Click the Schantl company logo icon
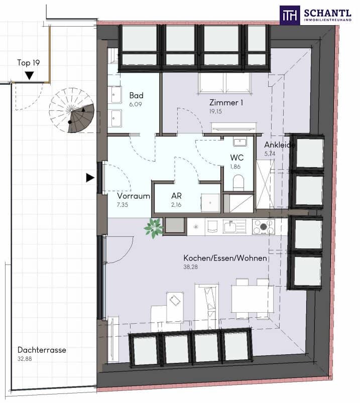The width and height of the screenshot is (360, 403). [290, 15]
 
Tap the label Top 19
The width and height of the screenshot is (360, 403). [28, 63]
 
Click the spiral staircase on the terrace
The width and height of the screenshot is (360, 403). [72, 111]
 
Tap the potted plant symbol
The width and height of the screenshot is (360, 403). [153, 228]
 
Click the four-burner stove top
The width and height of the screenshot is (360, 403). [263, 227]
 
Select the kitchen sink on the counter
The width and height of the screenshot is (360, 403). [234, 227]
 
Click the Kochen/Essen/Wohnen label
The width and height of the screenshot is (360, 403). [225, 258]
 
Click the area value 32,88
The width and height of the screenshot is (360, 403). [26, 359]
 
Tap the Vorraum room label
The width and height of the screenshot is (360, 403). [134, 196]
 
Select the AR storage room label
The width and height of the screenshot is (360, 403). [176, 196]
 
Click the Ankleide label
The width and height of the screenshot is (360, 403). [280, 145]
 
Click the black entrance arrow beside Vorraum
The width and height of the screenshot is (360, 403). [90, 177]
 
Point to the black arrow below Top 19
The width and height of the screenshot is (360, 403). [30, 76]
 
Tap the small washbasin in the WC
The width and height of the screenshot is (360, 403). [238, 142]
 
